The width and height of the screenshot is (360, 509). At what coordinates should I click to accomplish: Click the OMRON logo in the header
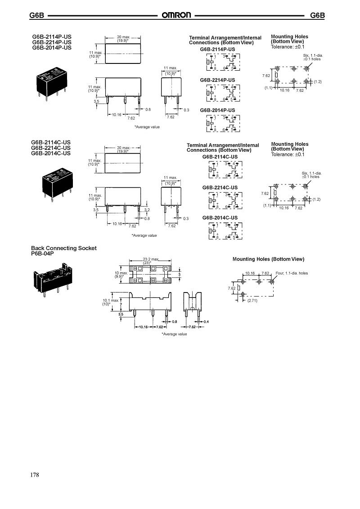(177, 15)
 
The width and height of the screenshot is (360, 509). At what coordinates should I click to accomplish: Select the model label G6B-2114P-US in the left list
(51, 37)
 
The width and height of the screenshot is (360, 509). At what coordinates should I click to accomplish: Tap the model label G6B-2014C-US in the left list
(51, 153)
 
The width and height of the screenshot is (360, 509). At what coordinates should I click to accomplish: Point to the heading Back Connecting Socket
(63, 248)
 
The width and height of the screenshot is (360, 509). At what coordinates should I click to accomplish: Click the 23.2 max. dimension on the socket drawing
(151, 259)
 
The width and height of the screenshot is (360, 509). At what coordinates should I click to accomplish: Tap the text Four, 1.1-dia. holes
(292, 273)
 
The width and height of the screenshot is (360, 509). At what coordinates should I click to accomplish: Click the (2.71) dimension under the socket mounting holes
(252, 301)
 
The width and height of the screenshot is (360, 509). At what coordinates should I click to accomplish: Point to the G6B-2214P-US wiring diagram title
(217, 80)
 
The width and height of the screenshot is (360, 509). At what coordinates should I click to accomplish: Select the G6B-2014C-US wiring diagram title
(220, 218)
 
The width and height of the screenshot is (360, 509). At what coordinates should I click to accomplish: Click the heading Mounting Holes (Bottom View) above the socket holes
(268, 259)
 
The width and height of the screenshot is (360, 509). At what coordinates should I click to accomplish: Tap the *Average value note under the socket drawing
(174, 334)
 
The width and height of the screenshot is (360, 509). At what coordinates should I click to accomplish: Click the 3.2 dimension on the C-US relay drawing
(147, 210)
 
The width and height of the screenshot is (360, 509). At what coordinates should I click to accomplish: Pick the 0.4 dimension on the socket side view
(206, 321)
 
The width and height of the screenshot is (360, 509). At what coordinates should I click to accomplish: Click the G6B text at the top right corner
(317, 15)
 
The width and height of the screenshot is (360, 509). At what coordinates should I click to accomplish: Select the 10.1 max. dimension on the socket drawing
(111, 300)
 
